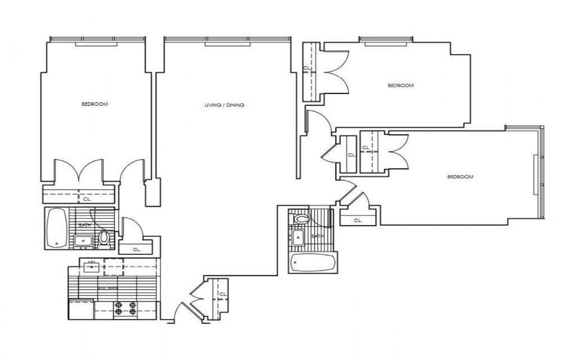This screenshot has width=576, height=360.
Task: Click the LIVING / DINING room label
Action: tap(224, 105)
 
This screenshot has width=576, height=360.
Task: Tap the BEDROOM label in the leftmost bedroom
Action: tap(94, 104)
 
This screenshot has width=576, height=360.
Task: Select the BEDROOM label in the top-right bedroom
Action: tap(401, 85)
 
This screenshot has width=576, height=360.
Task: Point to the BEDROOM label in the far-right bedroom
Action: tap(460, 177)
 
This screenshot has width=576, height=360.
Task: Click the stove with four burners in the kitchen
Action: tap(125, 308)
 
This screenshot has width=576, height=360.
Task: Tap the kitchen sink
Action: tap(91, 266)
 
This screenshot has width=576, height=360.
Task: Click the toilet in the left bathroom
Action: tap(104, 237)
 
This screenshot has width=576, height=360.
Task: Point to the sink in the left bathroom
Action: tap(84, 241)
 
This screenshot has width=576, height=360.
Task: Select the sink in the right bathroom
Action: tap(298, 237)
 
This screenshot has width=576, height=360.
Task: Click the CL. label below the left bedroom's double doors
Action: tap(87, 199)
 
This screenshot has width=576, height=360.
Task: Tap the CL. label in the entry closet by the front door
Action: tap(223, 294)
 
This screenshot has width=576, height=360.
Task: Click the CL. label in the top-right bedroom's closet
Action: tap(307, 68)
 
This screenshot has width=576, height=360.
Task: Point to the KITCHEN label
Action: tap(108, 288)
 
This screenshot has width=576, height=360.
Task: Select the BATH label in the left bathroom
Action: tap(84, 225)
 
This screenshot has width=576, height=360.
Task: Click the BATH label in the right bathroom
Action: tap(317, 236)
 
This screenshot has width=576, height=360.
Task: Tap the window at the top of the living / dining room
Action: tap(227, 40)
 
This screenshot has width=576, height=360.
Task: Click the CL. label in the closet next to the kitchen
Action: tap(137, 249)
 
